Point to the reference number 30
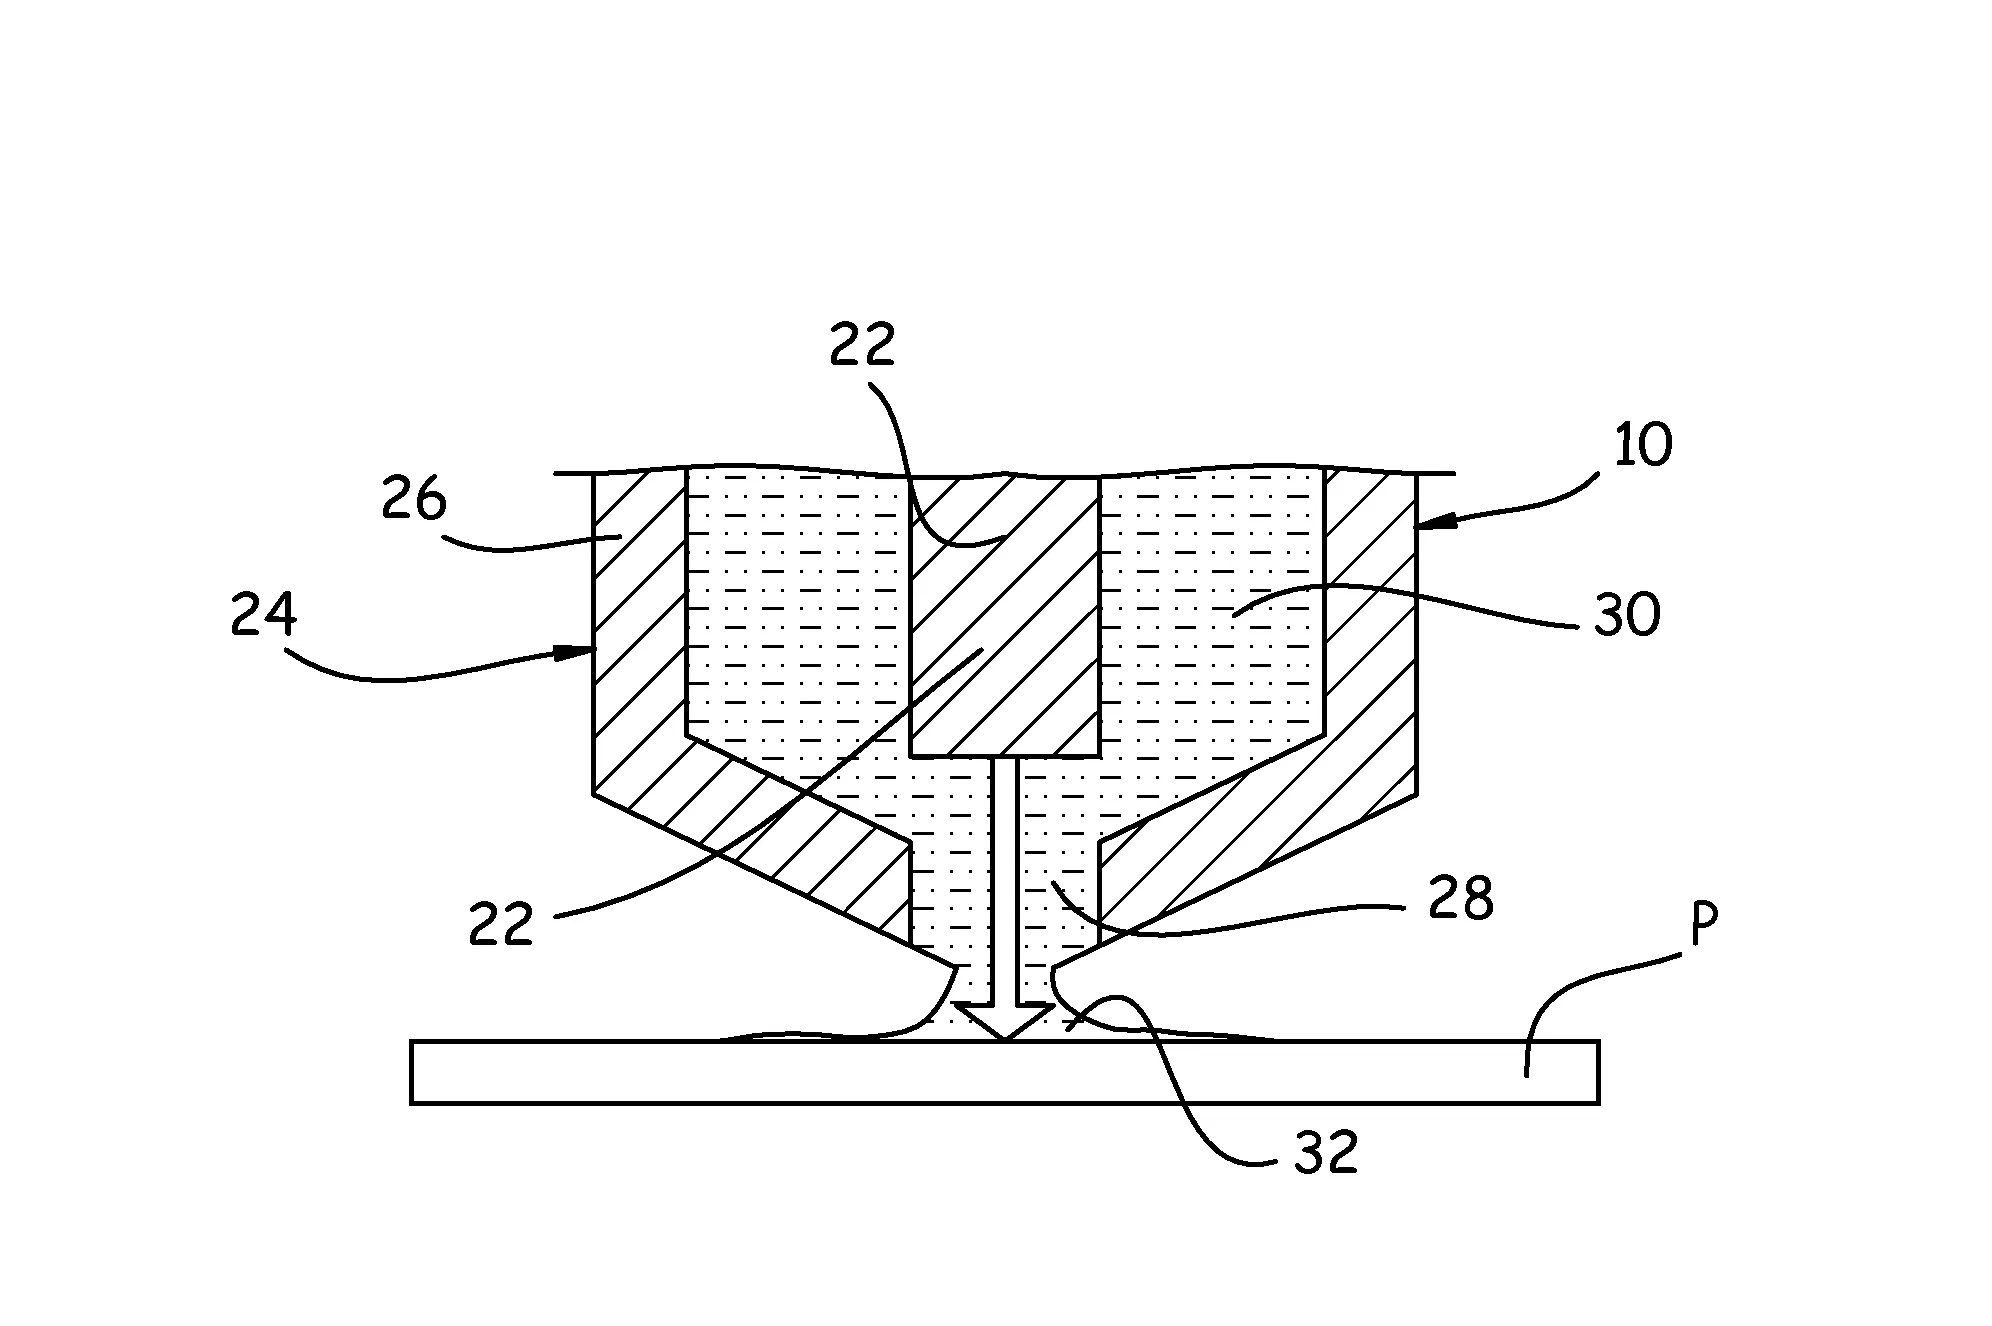1627,614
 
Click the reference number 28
1461,897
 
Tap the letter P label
1703,927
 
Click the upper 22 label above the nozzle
862,346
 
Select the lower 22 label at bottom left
501,923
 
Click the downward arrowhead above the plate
1004,1021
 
